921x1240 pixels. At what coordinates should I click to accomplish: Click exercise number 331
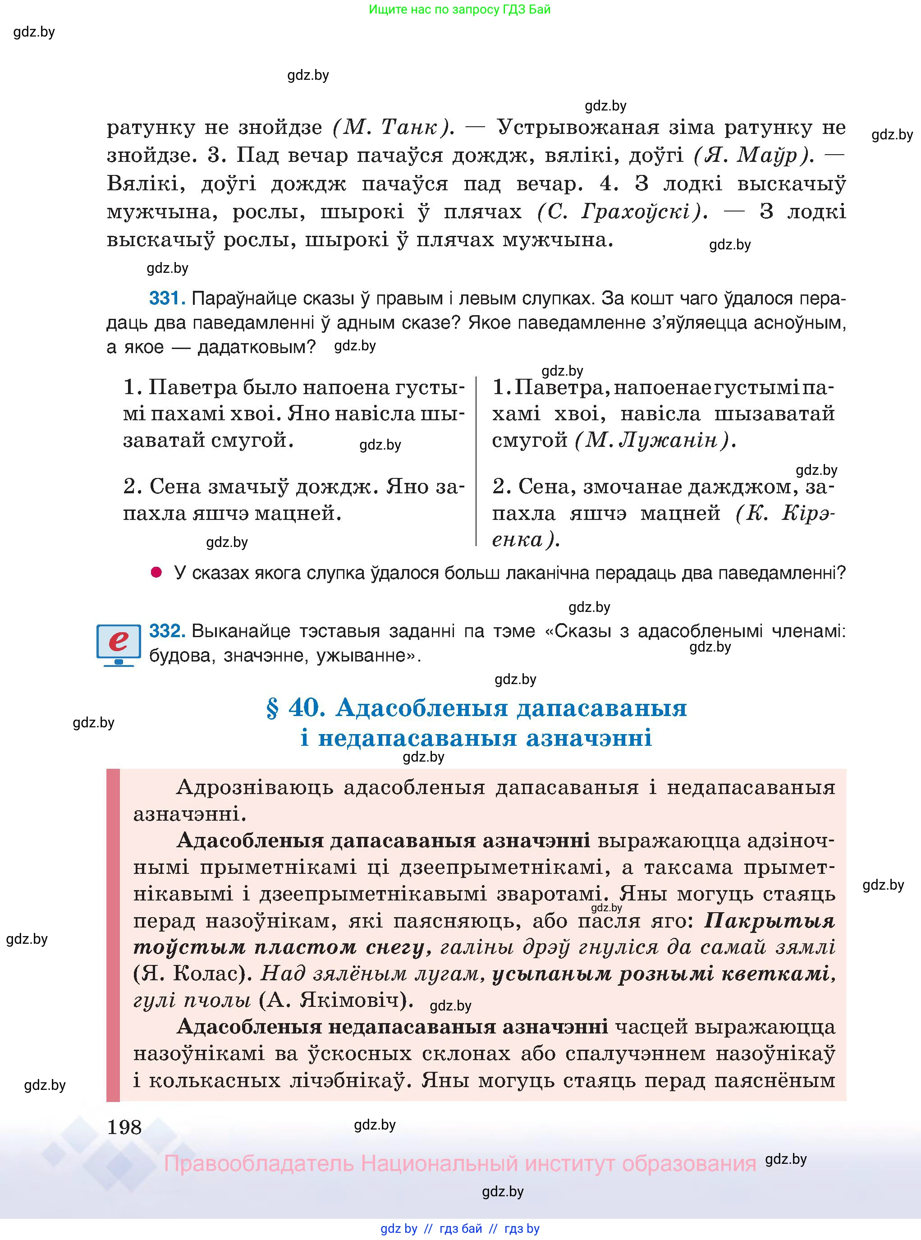click(166, 299)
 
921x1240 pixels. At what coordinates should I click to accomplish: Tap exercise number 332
click(166, 630)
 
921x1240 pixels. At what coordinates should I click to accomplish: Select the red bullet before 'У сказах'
click(157, 573)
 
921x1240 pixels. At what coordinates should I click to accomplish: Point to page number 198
click(124, 1127)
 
